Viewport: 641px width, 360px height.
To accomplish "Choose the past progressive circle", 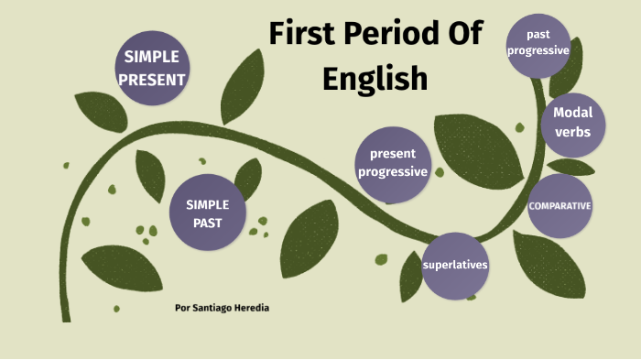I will click(x=538, y=43).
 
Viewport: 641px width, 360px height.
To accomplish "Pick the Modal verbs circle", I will click(x=572, y=123).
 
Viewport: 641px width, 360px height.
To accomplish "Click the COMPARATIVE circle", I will click(x=560, y=205).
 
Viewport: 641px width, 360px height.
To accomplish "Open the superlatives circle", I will click(x=455, y=266).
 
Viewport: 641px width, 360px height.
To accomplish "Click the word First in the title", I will click(x=304, y=33).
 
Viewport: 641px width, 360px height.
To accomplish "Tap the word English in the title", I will click(x=375, y=77).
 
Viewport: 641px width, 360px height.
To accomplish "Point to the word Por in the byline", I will click(x=182, y=308).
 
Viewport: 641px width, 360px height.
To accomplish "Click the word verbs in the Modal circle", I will click(x=572, y=132).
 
